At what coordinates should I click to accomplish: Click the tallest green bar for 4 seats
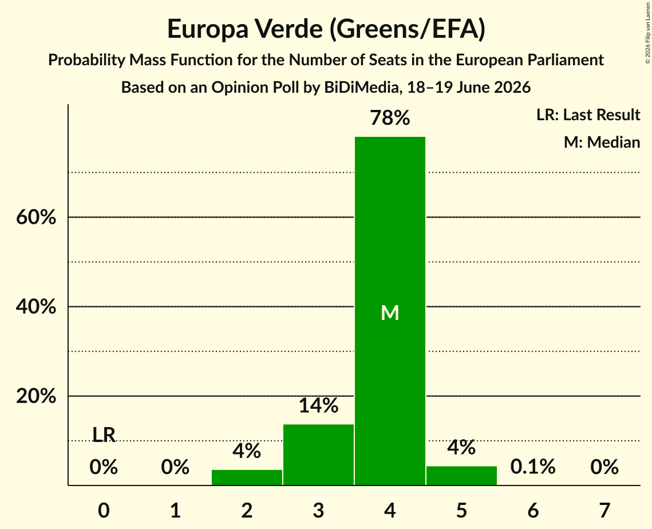[390, 311]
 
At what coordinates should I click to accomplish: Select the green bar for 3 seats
[318, 455]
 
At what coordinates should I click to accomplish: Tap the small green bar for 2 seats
[247, 477]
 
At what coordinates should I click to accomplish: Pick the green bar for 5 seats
[461, 476]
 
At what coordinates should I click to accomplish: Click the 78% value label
[390, 118]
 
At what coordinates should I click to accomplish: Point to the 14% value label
[318, 405]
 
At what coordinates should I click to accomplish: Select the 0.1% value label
[533, 467]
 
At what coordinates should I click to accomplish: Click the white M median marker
[390, 313]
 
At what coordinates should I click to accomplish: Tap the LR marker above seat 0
[104, 435]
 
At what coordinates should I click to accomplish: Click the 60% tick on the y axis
[36, 217]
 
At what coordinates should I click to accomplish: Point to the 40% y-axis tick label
[36, 307]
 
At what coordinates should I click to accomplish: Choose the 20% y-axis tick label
[36, 396]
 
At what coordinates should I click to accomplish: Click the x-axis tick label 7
[604, 510]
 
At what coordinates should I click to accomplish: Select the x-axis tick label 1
[176, 510]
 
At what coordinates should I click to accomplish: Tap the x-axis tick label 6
[533, 510]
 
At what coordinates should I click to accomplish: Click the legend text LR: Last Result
[588, 115]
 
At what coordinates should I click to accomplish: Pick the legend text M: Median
[602, 142]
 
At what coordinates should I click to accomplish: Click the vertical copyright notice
[648, 33]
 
